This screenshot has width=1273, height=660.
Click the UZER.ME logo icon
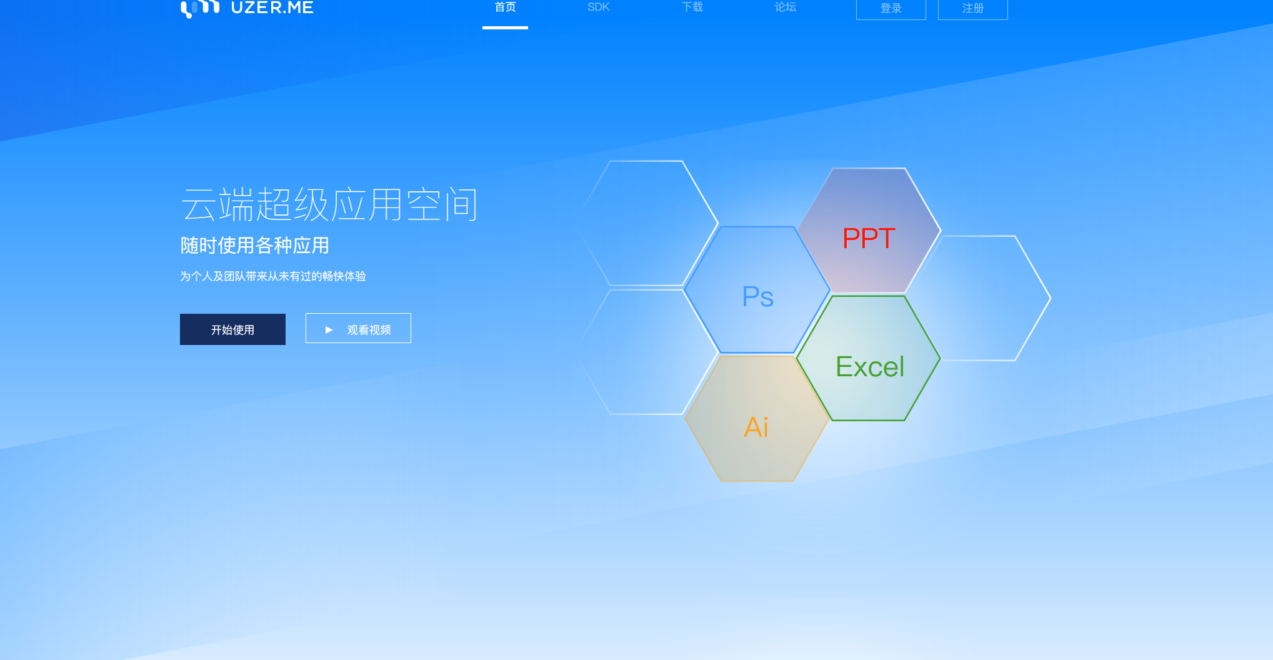coord(200,8)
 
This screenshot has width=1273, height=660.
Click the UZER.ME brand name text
coord(272,7)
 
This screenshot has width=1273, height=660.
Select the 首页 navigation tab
coord(505,7)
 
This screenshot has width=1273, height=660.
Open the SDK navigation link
coord(598,7)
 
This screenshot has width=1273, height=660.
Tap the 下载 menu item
coord(692,7)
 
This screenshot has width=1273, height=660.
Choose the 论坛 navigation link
coord(786,7)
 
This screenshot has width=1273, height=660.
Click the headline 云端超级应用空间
coord(329,204)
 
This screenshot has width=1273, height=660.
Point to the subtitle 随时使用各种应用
coord(254,246)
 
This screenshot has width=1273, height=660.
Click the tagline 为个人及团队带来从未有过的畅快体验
coord(273,276)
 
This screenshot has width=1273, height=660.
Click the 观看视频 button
coord(358,328)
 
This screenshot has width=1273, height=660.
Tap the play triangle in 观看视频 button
coord(329,330)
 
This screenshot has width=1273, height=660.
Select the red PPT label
coord(869,238)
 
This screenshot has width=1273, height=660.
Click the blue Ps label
coord(757,296)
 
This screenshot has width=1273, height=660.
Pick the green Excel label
coord(870,366)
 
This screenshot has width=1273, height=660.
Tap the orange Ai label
coord(756,427)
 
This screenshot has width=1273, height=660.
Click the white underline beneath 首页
coord(505,27)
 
